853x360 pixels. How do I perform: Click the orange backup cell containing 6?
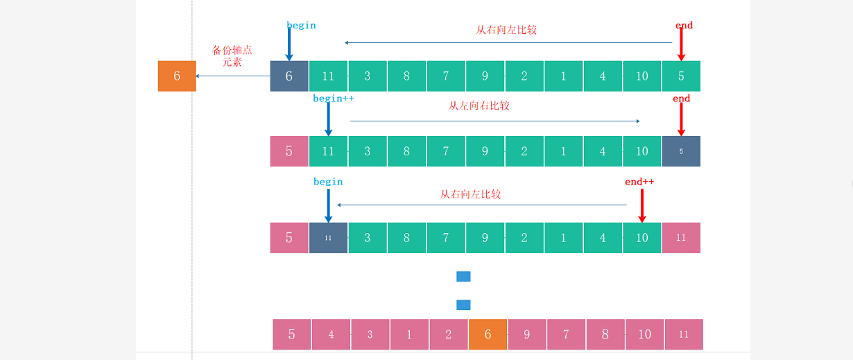[177, 76]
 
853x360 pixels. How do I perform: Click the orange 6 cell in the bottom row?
[488, 334]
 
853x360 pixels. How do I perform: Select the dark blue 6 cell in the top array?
[289, 76]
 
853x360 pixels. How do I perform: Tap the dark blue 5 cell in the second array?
[681, 151]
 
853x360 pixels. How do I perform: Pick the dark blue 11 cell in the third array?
[328, 238]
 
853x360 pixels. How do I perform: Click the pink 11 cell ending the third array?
[681, 238]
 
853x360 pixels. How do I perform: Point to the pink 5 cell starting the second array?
[289, 151]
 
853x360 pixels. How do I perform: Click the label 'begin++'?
[333, 98]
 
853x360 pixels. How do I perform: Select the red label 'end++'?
[639, 182]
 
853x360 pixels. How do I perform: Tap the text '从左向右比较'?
[479, 106]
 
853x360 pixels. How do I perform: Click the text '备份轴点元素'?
[232, 56]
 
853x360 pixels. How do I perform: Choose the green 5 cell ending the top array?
[681, 76]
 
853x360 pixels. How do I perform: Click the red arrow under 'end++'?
[642, 205]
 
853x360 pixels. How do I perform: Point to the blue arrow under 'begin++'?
[328, 119]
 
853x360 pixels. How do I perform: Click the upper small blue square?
[463, 276]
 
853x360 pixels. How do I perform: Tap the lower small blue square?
[463, 305]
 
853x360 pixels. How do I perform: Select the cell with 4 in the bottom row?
[331, 334]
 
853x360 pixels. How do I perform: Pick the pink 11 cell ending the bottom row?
[684, 334]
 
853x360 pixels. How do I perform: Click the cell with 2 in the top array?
[524, 76]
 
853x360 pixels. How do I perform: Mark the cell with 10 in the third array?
[642, 238]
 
